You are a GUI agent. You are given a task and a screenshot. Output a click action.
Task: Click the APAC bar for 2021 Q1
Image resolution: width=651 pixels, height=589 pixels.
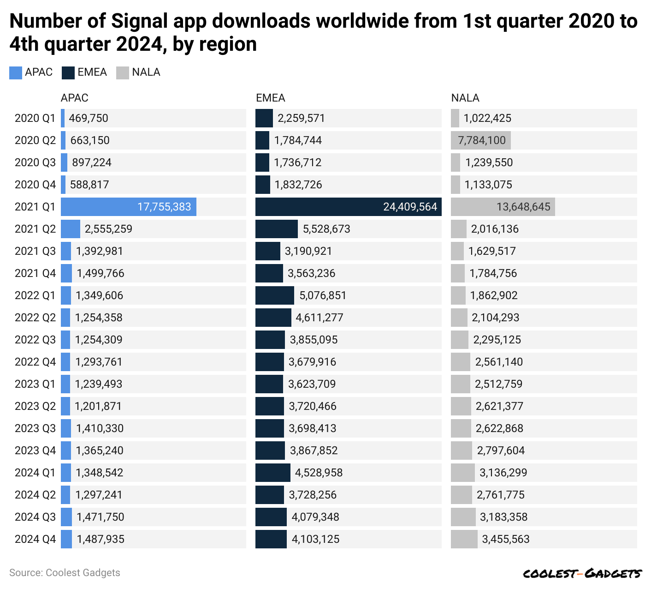coord(128,207)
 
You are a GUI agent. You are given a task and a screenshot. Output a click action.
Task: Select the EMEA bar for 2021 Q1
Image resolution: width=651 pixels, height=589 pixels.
coord(348,207)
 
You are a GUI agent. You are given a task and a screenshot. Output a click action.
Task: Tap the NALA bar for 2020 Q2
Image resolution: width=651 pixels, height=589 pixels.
coord(480,140)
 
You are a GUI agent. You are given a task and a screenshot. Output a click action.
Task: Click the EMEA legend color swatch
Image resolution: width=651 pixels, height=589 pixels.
coord(68,73)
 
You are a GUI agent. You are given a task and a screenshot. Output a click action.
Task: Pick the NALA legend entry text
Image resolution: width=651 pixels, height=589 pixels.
coord(146,72)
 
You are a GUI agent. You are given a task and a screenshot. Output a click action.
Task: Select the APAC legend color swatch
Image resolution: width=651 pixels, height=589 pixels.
coord(16,73)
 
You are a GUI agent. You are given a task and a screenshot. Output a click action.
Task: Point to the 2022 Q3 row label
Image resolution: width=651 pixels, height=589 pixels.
coord(35,340)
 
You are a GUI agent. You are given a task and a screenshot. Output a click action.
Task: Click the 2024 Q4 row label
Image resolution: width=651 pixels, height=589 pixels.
coord(35,539)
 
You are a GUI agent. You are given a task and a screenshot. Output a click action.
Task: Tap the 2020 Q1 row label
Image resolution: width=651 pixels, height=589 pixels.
coord(35,118)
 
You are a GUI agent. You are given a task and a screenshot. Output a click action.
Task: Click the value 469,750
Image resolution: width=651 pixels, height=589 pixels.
coord(89,118)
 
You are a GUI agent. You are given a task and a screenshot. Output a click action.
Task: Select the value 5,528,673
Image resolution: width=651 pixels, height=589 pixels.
coord(326,229)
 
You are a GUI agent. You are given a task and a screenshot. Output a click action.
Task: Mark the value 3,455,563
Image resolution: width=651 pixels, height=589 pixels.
coord(506,539)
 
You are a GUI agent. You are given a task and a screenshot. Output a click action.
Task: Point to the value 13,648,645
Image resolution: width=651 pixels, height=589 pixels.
coord(523,207)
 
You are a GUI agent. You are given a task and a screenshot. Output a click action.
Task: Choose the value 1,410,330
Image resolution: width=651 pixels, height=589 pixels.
coord(100,428)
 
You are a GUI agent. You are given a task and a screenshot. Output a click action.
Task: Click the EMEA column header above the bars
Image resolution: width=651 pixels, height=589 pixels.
coord(271,98)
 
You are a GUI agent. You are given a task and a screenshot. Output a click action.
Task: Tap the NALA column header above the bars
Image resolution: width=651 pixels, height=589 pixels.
coord(465,98)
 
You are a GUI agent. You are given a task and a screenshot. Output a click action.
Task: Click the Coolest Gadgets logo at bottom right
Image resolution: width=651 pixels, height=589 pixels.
coord(582,573)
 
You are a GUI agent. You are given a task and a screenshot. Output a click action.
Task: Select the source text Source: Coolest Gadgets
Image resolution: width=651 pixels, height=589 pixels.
coord(65,573)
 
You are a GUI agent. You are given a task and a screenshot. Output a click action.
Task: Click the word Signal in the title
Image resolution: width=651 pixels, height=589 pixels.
coord(142,21)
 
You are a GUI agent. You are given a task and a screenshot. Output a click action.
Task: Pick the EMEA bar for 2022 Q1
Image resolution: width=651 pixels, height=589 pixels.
coord(275,295)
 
